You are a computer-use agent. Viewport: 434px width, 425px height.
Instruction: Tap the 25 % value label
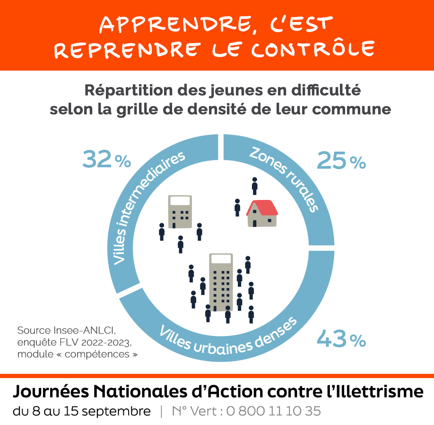coord(341,161)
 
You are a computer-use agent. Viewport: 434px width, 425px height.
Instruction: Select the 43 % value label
coord(341,339)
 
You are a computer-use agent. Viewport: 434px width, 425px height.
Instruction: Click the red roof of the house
coord(262,208)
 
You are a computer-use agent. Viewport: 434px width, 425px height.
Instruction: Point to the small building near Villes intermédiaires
coord(180,211)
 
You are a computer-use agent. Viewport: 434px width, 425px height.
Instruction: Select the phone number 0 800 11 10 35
coord(273,411)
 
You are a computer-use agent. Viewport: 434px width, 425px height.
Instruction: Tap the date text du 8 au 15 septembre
coord(82,411)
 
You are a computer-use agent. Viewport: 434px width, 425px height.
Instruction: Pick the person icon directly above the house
coord(254,186)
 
